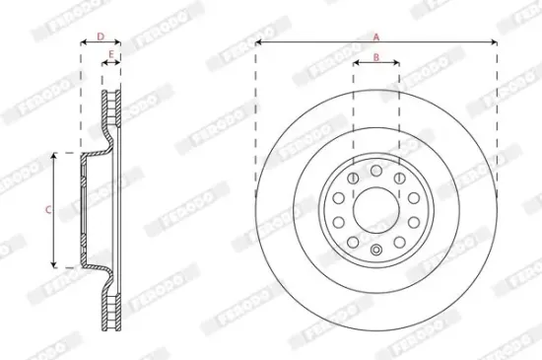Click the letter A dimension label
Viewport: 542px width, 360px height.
376,36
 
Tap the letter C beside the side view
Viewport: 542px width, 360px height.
47,209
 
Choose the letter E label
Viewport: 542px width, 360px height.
110,55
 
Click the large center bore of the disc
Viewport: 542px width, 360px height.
376,208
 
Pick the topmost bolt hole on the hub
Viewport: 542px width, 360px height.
376,170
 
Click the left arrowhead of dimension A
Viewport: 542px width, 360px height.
258,43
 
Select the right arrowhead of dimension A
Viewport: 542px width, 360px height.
495,43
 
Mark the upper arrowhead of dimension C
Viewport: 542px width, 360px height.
55,155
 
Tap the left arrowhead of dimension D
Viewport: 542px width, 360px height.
82,44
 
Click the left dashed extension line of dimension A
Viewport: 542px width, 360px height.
255,118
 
